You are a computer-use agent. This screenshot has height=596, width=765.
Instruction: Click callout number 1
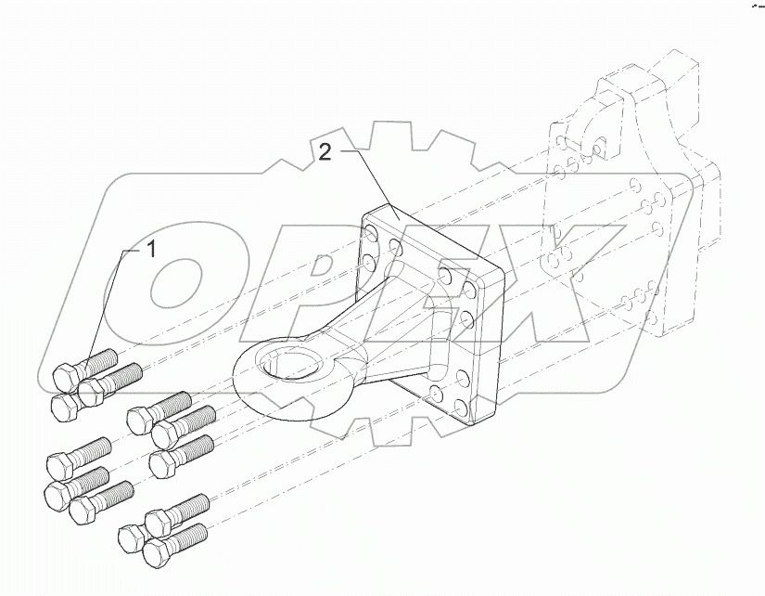tap(148, 249)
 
